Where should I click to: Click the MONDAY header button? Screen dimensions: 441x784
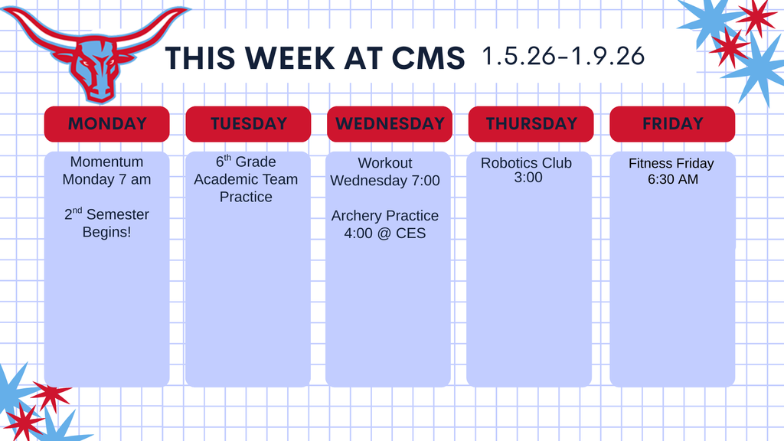[106, 124]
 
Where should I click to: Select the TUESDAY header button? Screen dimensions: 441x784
[248, 124]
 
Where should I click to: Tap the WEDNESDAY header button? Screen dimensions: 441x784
[390, 124]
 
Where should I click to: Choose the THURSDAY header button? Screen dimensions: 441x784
[531, 124]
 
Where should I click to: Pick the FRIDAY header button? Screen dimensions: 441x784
[672, 124]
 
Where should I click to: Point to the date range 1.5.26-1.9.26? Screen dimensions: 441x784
[563, 56]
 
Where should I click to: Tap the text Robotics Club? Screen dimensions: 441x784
[526, 163]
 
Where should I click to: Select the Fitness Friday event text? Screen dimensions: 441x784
[671, 163]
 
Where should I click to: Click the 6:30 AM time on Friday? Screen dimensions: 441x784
[672, 180]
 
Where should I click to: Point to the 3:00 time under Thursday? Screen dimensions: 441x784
[528, 178]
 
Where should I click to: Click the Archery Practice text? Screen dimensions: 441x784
[384, 216]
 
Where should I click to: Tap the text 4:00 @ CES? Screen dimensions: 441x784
[384, 233]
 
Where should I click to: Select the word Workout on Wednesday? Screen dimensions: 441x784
[384, 163]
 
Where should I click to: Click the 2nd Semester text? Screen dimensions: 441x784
[106, 214]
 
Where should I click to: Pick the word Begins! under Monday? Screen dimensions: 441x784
[106, 231]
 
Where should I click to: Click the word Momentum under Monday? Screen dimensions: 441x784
[106, 162]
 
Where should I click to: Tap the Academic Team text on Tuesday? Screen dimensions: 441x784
[246, 179]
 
